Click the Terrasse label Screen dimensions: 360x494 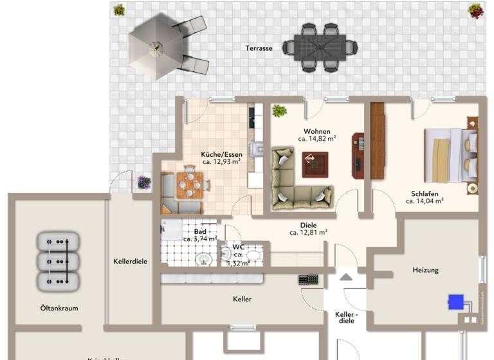pos(259,48)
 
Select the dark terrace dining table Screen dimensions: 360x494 pos(320,47)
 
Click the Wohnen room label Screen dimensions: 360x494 pos(316,131)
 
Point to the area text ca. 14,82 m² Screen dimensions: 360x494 pos(316,138)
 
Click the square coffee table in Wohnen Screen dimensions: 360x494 pos(315,165)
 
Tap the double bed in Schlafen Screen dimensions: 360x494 pos(450,156)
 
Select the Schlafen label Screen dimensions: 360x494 pos(425,194)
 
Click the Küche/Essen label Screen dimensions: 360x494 pos(221,155)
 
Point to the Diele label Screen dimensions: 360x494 pos(309,225)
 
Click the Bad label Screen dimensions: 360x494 pos(200,231)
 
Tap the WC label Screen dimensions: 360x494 pos(238,247)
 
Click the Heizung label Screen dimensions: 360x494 pos(425,270)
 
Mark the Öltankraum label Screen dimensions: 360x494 pos(59,308)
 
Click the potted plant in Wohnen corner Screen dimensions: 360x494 pos(279,111)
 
